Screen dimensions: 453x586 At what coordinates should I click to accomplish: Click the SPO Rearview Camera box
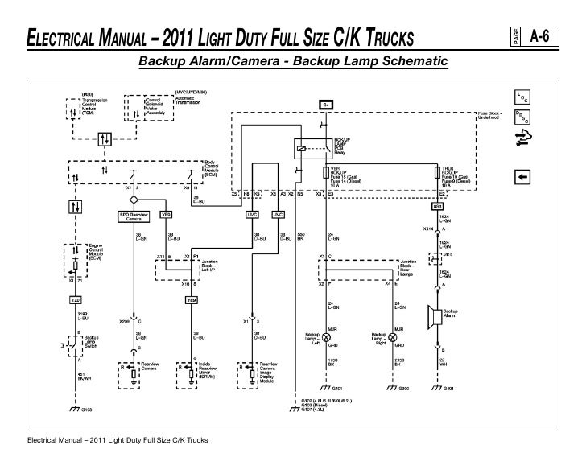134,216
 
